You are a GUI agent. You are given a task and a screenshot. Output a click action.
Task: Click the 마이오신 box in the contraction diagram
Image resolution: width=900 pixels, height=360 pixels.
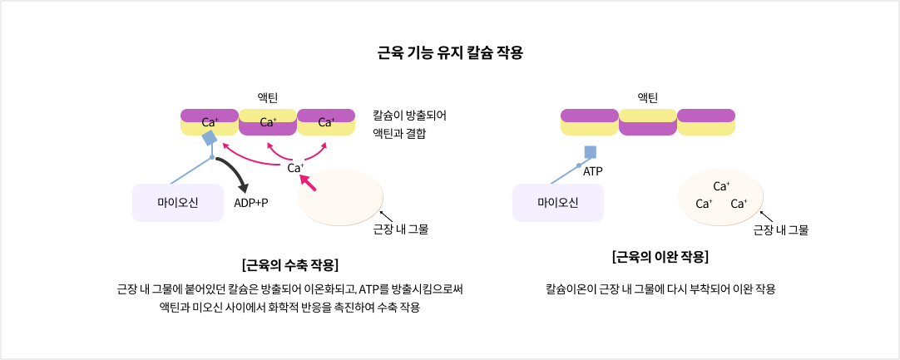point(178,203)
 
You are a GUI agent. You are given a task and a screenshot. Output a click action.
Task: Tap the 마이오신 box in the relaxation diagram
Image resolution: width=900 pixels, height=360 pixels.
point(557,203)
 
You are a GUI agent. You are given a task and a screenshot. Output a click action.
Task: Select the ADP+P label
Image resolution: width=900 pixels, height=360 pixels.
point(251,203)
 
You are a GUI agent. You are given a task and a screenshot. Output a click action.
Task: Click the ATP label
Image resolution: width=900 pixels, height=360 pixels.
point(592,171)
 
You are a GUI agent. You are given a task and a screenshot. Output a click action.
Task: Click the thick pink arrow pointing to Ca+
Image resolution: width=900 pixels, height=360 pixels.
point(308,183)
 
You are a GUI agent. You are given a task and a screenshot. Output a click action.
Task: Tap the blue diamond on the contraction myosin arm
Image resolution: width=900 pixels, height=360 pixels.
point(210,138)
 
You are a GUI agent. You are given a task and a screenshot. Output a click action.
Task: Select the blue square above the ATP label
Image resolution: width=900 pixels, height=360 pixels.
point(591,152)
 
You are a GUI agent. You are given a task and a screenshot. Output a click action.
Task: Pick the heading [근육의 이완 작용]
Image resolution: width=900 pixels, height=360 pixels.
point(660,257)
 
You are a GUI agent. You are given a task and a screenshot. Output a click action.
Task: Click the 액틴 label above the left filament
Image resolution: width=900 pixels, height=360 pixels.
point(268,98)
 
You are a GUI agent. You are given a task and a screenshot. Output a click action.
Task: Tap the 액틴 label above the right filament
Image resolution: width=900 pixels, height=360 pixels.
point(647,98)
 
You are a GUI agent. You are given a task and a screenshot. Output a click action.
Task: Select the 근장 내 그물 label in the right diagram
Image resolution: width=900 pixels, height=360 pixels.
point(780,229)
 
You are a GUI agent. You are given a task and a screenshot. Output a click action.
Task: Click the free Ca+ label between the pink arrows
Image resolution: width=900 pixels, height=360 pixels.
point(295,168)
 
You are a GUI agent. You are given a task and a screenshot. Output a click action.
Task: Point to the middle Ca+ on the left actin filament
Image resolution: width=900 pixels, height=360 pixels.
point(268,122)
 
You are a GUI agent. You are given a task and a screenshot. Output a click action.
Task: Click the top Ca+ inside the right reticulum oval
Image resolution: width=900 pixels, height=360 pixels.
point(721,186)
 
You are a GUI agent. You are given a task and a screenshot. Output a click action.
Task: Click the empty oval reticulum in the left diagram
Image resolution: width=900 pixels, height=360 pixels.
point(340,196)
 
